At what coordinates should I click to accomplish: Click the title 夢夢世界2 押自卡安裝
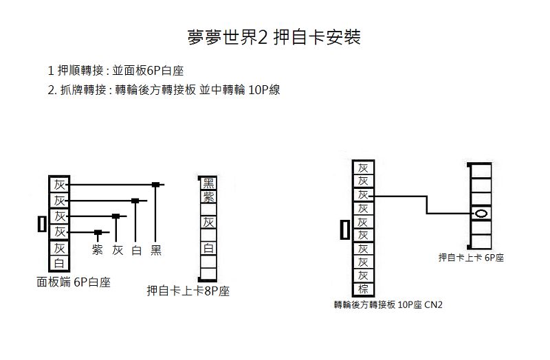tap(274, 37)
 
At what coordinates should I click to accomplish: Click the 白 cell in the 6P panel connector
tap(59, 263)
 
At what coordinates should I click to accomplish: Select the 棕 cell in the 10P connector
tap(363, 289)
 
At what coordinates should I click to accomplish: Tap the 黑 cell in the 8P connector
tap(208, 183)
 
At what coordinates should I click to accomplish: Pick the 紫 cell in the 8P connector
tap(208, 196)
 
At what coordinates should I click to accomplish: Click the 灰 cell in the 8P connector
tap(208, 222)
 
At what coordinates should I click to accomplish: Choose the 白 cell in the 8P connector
tap(208, 248)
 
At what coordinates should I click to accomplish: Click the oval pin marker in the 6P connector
tap(481, 214)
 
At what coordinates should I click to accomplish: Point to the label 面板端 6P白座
tap(74, 282)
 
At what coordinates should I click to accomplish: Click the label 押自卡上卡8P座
tap(188, 291)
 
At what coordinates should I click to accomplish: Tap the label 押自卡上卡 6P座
tap(471, 258)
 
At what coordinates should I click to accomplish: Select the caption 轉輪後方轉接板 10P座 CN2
tap(388, 304)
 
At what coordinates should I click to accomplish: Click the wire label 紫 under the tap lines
tap(98, 250)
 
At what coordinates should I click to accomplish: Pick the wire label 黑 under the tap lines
tap(156, 250)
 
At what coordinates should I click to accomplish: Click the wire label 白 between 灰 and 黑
tap(136, 250)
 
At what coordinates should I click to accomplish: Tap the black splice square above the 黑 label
tap(155, 184)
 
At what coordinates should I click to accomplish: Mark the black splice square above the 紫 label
tap(98, 232)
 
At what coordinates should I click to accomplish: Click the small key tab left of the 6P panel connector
tap(42, 224)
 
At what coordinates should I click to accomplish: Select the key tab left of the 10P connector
tap(345, 229)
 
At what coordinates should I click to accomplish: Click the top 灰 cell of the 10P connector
tap(363, 168)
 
